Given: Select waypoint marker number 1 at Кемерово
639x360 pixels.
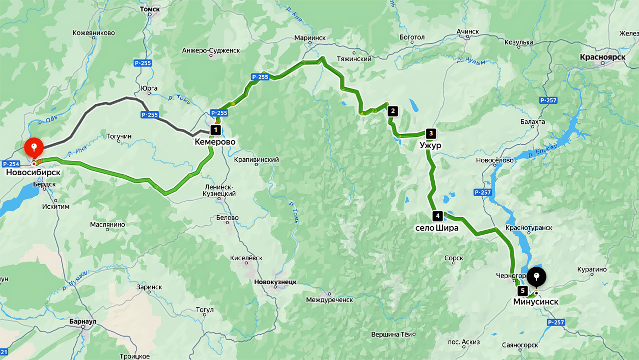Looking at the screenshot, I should coord(215,130).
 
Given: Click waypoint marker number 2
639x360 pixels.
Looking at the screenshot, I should coord(392,111).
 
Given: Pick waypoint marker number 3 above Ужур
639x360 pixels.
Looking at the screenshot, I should coord(430,133).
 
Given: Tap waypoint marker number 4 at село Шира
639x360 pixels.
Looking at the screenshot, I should coord(437,216).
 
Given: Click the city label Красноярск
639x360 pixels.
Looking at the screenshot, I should coord(603,57).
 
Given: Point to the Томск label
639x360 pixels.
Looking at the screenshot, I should coord(150,9).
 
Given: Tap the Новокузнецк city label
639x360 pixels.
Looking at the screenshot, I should coord(275,282).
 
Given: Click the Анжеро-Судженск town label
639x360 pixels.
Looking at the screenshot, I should coord(211,50).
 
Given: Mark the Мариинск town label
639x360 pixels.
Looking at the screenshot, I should coord(310,37).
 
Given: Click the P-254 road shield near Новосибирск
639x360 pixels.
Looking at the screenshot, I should coord(10,164).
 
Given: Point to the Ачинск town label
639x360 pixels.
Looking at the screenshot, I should coord(467,31).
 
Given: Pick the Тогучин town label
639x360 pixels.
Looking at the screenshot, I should coord(119,136).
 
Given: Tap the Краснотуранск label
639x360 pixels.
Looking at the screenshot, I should coord(529,228).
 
